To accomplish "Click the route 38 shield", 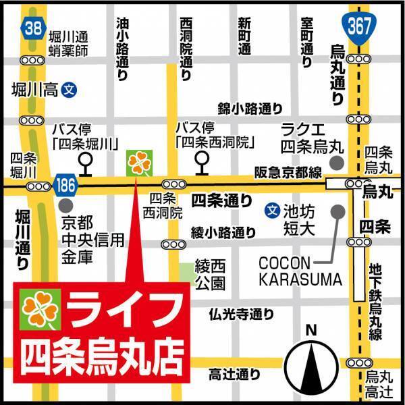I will [x=32, y=28].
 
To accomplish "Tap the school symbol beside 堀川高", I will [x=67, y=89].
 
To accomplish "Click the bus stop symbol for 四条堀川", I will [x=86, y=161].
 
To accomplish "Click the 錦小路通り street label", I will [x=249, y=108].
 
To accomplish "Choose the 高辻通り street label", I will [x=234, y=373].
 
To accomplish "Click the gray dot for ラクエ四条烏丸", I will [x=337, y=164].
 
